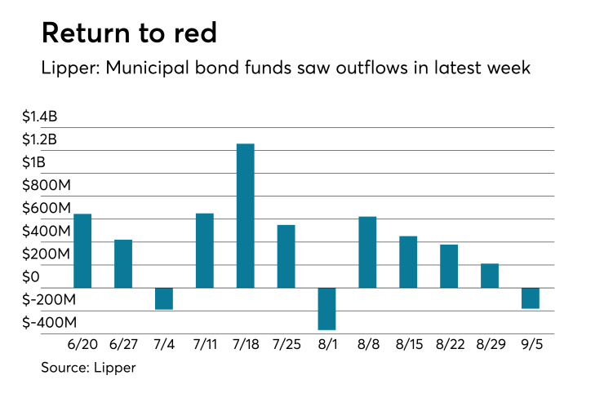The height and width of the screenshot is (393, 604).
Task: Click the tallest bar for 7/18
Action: tap(246, 216)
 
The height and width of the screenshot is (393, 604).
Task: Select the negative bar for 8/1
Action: tap(327, 309)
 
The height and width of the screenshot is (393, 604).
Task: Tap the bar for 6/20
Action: tap(82, 251)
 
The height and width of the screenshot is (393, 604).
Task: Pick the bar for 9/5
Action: tap(531, 298)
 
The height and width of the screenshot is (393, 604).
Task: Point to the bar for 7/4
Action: tap(164, 298)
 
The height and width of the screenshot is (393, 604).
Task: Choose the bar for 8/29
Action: tap(490, 276)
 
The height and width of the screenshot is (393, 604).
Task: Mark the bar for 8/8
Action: tap(367, 252)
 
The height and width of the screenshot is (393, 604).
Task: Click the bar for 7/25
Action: tap(286, 256)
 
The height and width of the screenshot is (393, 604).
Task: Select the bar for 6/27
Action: tap(123, 263)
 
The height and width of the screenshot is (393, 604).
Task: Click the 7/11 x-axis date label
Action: tap(205, 346)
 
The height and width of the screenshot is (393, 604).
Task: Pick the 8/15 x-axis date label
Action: tap(408, 346)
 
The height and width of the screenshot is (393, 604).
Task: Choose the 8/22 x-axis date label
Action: tap(449, 346)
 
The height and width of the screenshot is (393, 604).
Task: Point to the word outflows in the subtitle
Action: tap(370, 68)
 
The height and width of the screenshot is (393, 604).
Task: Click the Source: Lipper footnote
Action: tap(88, 368)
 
